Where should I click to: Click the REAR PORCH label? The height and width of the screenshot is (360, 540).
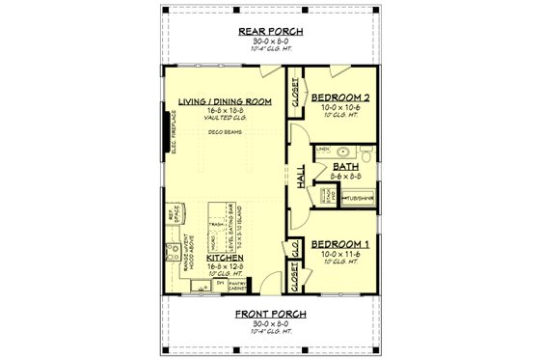[x=269, y=32]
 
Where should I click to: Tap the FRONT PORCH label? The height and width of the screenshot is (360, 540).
[x=269, y=315]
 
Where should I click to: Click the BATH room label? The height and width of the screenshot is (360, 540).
[x=345, y=166]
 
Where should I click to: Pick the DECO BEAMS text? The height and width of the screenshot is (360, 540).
[x=225, y=134]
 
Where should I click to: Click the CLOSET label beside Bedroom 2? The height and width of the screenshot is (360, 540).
[x=292, y=92]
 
